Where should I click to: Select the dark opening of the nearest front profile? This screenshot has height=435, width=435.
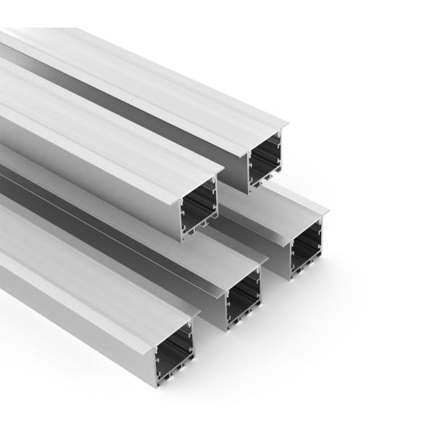pos(176,346)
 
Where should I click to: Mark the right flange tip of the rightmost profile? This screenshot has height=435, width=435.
pos(328,212)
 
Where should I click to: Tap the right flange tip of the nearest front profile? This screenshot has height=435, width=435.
pos(199,313)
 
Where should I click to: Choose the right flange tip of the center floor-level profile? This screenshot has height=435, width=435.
pos(266,259)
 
